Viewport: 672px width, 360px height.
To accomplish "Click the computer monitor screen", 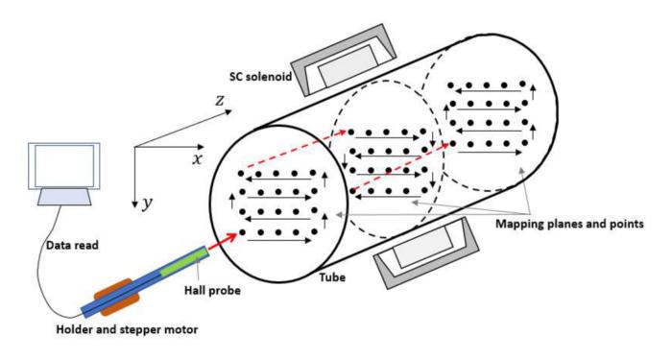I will coord(59,164).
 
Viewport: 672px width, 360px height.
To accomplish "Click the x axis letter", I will coord(198,159).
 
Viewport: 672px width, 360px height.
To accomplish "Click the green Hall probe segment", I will coord(182,263).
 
